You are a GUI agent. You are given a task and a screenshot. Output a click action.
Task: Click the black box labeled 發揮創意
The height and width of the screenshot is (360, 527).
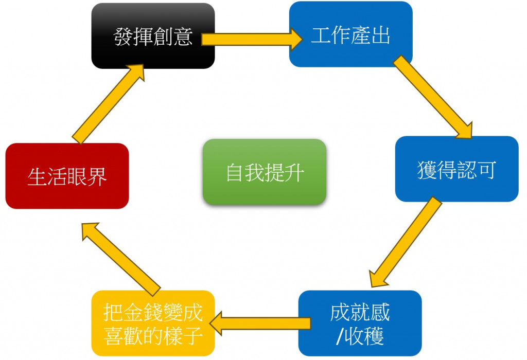(153, 36)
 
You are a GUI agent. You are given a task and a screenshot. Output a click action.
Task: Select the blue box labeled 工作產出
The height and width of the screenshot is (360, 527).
(350, 34)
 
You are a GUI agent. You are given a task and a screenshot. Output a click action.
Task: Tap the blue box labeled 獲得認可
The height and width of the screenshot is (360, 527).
(456, 169)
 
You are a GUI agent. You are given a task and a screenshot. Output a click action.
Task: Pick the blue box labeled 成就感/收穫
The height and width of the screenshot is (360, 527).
(360, 323)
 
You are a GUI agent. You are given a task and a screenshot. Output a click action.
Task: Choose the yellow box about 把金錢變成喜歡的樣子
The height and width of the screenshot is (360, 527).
(153, 323)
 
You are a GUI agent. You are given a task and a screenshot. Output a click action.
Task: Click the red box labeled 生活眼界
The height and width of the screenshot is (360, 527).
(67, 176)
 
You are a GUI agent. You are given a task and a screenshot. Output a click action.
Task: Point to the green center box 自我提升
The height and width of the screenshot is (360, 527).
(265, 172)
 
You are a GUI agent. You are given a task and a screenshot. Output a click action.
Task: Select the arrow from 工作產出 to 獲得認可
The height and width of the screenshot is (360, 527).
(432, 98)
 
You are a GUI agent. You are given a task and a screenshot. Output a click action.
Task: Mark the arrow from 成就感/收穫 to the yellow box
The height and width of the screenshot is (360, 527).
(262, 322)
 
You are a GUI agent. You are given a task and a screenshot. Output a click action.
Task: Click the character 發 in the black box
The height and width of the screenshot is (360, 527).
(124, 37)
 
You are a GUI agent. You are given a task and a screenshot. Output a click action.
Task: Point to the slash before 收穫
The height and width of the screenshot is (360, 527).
(339, 337)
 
